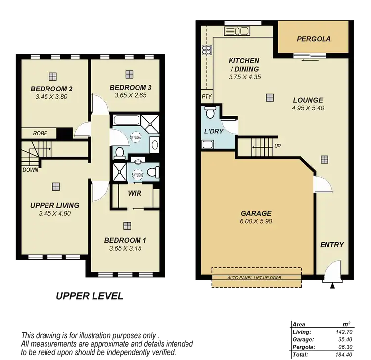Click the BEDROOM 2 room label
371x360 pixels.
coord(52,89)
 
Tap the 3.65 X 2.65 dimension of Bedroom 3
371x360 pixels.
coord(130,95)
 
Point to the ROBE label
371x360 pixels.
coord(40,133)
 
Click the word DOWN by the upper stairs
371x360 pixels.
coord(30,170)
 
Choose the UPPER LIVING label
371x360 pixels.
coord(54,205)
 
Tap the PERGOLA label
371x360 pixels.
coord(314,39)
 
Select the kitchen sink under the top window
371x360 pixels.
coord(238,31)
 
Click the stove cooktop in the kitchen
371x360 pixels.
coord(206,49)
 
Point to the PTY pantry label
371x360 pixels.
coord(206,97)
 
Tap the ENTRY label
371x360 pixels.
coord(332,245)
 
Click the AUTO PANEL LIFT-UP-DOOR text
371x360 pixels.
coord(254,278)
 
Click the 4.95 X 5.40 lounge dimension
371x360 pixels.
coord(308,108)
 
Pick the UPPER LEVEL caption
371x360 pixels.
coord(89,296)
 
